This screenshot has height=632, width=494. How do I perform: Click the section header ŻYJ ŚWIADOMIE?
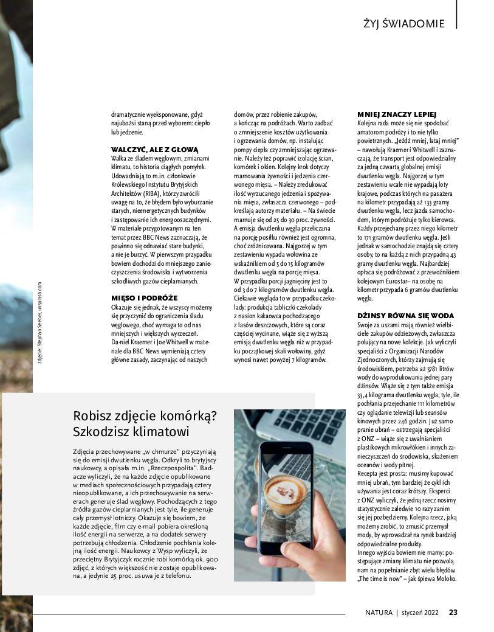[403, 24]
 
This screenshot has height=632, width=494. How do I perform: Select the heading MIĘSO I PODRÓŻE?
[144, 297]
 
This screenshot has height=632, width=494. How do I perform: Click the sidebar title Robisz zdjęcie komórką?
[145, 416]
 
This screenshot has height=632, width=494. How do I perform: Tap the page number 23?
[453, 612]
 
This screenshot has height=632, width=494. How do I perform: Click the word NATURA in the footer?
[379, 612]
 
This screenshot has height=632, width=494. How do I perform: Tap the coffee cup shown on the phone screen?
[284, 490]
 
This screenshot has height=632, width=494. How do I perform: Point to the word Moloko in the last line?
[444, 578]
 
